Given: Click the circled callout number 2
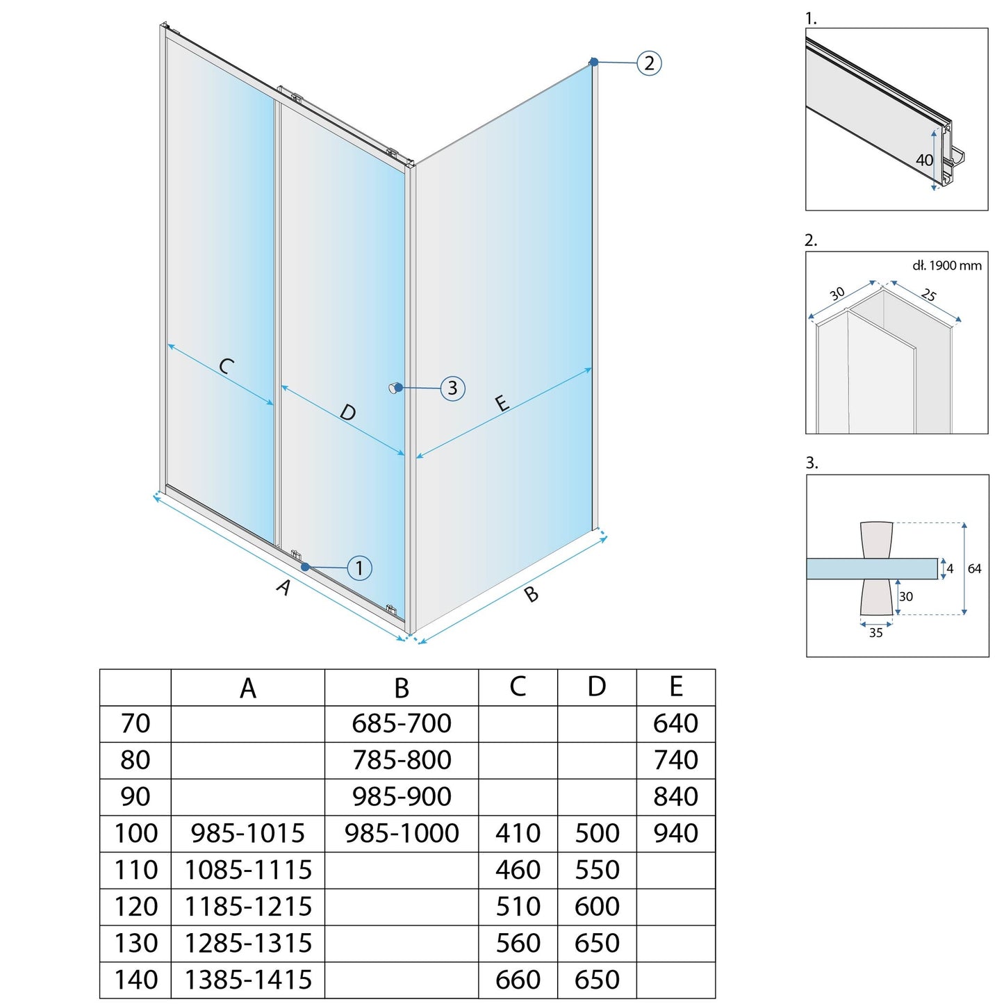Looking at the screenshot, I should point(649,63).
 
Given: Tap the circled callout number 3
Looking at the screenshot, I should point(452,388).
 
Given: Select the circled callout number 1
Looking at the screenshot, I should point(359,568).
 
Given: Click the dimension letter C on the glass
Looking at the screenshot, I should point(226,365).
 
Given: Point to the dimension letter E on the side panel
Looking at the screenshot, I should point(502,403).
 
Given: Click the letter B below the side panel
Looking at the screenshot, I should point(531,594).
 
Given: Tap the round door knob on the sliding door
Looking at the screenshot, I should point(395,388).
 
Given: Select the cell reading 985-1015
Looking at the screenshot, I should point(248,833).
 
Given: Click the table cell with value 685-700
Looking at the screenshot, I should point(402,723).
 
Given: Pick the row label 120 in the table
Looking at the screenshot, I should point(135,907).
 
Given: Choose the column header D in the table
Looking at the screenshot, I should point(597,687).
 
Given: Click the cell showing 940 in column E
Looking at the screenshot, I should point(675,833).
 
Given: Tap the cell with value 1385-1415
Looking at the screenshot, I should point(248,980).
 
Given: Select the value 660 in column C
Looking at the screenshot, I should point(518,980).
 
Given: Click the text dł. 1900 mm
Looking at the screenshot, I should point(946,265).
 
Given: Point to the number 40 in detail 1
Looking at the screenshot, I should point(924,161).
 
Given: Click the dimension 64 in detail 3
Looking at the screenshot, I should point(974,569).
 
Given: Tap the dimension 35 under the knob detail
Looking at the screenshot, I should point(875,632).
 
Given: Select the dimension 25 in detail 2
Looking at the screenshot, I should point(928,295).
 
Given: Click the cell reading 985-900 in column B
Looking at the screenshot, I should point(402,796).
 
